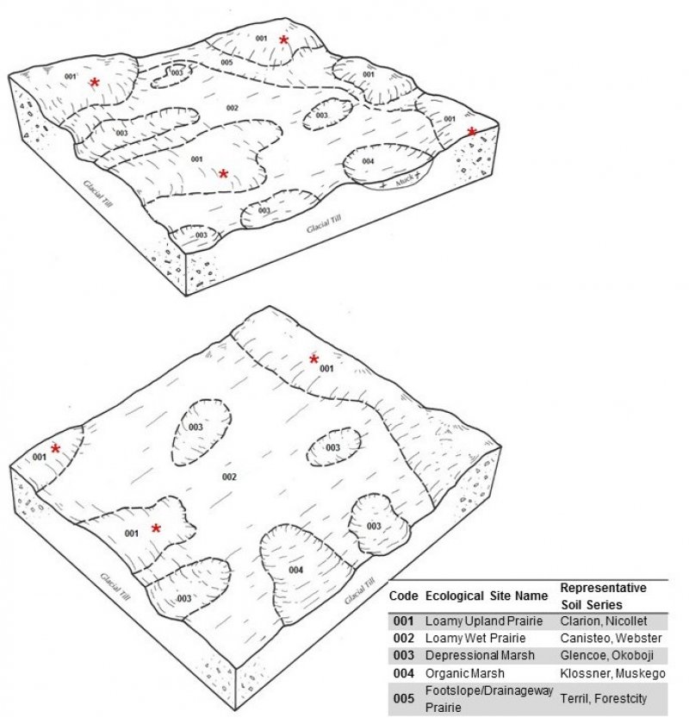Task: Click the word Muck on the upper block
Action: (x=405, y=181)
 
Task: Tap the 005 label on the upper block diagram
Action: (x=227, y=62)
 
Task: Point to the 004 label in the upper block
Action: (x=368, y=161)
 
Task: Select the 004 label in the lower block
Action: (x=295, y=570)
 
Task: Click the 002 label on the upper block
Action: (x=233, y=108)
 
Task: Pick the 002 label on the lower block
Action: (x=229, y=477)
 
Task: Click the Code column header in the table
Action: (x=403, y=596)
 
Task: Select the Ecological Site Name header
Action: (x=487, y=596)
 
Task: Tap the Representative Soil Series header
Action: (x=603, y=596)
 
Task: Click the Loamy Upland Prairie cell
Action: (x=484, y=621)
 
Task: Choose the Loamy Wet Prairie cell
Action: (x=475, y=638)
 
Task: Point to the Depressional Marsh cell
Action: (x=480, y=655)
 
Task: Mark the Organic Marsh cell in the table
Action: (x=465, y=673)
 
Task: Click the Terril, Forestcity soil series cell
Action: (x=604, y=699)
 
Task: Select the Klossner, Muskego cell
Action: (x=613, y=673)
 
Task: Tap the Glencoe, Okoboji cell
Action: (x=607, y=655)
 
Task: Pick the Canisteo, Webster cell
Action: (x=611, y=638)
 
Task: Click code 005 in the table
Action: (x=404, y=698)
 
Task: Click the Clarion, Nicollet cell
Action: (x=604, y=621)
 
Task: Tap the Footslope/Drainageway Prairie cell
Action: (x=489, y=699)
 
